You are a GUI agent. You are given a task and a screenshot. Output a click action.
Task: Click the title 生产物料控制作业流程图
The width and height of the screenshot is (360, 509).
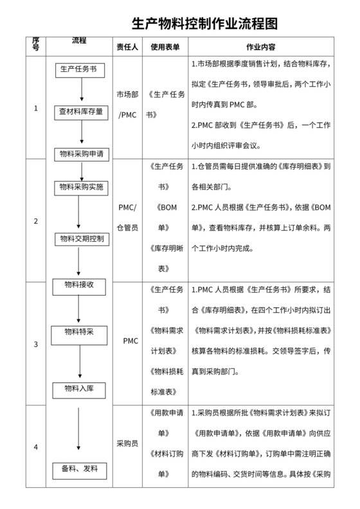(x=205, y=24)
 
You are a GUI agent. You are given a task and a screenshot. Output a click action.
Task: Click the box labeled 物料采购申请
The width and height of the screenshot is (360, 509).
(x=82, y=154)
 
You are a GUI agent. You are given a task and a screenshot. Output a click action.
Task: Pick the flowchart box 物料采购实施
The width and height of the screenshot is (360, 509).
(x=82, y=186)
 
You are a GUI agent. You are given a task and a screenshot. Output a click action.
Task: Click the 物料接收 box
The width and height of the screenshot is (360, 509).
(x=80, y=284)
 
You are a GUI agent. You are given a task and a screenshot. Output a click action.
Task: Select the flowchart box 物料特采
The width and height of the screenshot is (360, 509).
(x=80, y=332)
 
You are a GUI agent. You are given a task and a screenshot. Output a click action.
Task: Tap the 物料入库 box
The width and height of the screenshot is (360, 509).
(x=80, y=388)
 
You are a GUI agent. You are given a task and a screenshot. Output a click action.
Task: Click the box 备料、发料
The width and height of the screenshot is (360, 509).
(x=80, y=469)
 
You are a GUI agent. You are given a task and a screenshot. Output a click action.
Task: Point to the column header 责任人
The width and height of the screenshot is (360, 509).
(x=126, y=47)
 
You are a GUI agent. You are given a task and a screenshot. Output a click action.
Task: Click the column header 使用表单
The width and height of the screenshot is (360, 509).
(x=165, y=47)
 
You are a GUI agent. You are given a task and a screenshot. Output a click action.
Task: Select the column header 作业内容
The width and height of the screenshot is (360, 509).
(x=261, y=47)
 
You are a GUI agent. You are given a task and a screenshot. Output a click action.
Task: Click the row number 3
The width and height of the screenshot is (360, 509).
(x=35, y=344)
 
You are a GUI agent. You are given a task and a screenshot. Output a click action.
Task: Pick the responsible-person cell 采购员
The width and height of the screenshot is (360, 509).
(x=126, y=443)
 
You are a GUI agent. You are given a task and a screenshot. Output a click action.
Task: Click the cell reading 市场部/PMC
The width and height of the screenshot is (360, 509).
(x=126, y=104)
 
